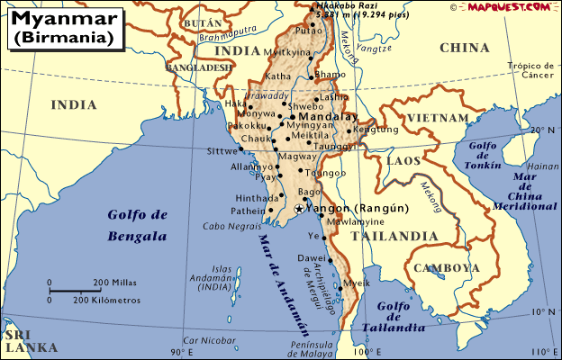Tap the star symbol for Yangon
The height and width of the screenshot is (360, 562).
tap(299, 209)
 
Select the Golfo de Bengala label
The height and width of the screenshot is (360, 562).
tap(137, 225)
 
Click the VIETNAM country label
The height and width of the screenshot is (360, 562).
tap(438, 118)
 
